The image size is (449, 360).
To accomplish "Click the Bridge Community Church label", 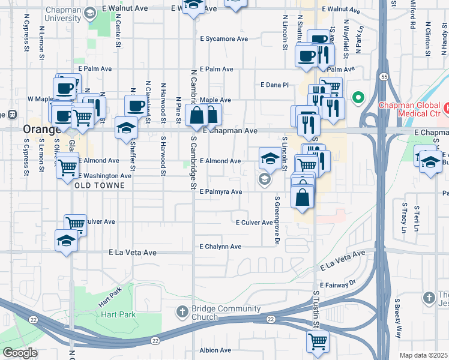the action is [226, 313].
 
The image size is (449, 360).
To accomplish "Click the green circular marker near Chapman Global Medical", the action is [359, 97].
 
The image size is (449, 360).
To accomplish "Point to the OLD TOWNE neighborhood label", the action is [100, 185].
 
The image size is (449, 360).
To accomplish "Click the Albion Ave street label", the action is [215, 350].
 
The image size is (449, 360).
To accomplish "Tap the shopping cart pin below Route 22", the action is [318, 342].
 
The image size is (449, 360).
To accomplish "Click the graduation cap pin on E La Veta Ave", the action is [66, 241].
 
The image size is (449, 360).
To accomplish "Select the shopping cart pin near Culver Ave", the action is [75, 224].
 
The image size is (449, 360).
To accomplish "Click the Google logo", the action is [20, 353].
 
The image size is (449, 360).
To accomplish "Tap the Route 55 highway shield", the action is [383, 76].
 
